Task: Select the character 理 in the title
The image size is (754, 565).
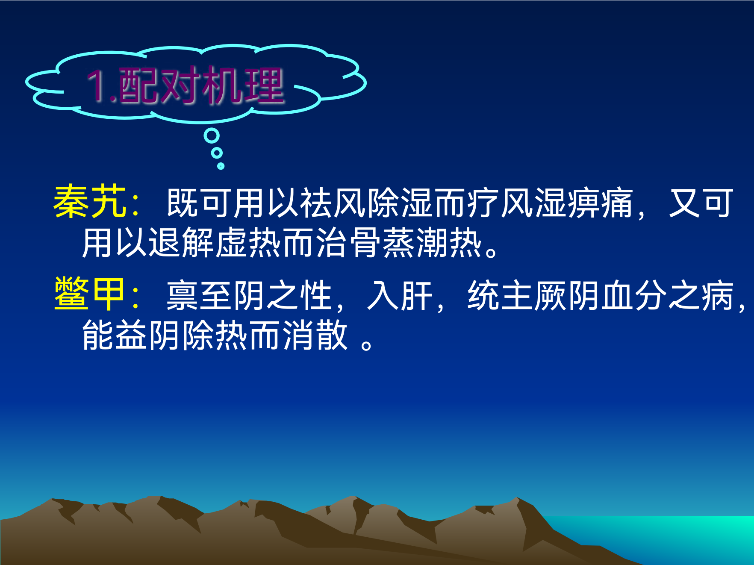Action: pos(264,85)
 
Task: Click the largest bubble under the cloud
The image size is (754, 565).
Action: pos(212,136)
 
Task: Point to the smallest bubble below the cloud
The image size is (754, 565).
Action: pos(221,166)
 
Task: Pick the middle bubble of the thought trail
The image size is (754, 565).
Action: pos(217,153)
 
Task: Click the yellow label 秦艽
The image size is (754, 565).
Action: pos(90,202)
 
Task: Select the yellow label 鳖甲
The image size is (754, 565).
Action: pos(90,294)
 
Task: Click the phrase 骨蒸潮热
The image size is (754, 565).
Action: pos(416,243)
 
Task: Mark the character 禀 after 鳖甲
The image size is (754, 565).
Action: pos(183,295)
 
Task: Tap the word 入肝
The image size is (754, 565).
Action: pos(400,295)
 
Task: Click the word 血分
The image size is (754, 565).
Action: pos(634,295)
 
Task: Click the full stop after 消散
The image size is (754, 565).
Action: pos(366,344)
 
